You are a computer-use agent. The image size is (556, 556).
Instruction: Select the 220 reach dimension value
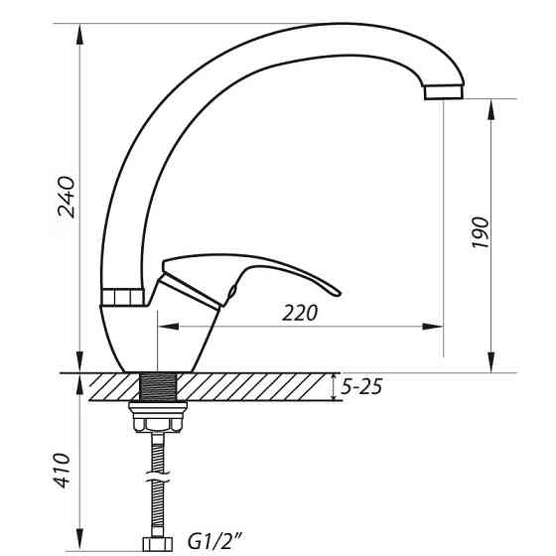(300, 314)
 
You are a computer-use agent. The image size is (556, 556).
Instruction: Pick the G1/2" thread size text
(216, 542)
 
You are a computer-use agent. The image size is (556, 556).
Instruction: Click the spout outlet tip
(444, 91)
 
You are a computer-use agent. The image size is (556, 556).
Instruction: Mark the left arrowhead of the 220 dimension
(166, 326)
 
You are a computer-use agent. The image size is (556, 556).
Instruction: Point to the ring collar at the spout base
(124, 296)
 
